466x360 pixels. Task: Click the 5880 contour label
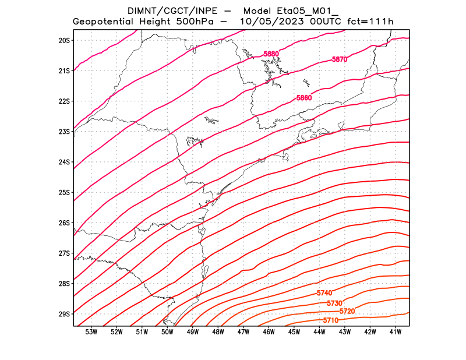[271, 54]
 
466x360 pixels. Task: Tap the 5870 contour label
[340, 59]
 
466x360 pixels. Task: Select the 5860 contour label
[304, 98]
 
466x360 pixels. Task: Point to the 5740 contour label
[324, 293]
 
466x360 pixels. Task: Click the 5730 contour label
[334, 303]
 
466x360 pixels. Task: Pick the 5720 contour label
[347, 312]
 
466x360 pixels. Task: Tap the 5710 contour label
[330, 320]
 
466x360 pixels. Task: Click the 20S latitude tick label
[64, 40]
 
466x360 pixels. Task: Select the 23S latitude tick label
[64, 132]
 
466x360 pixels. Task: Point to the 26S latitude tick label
[64, 223]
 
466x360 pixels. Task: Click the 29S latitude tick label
[64, 314]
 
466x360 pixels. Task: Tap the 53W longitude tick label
[91, 332]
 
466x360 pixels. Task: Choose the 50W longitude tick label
[168, 332]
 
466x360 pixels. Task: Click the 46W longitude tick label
[269, 332]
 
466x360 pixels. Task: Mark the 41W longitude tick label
[396, 332]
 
